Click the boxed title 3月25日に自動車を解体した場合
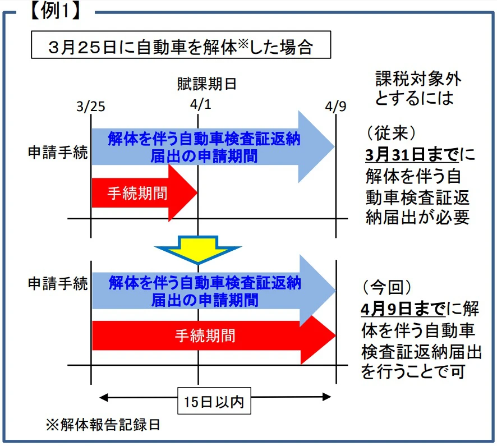coord(181,45)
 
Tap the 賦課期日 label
coord(206,84)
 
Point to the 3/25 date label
coord(91,107)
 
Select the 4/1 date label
coord(201,104)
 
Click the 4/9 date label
coord(335,106)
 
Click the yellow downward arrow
coord(198,250)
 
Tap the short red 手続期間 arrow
coord(144,193)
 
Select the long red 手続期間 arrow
coord(214,336)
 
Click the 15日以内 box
coord(214,401)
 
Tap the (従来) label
coord(391,133)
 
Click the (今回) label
coord(387,287)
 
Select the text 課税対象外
coord(418,79)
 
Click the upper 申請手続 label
coord(58,153)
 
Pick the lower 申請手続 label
coord(58,283)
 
